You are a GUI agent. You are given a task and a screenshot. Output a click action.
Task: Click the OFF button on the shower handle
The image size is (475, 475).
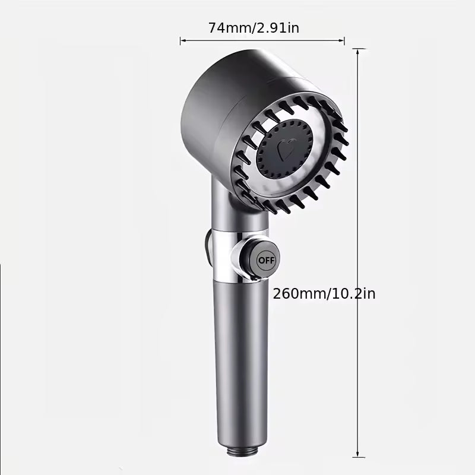pos(266,260)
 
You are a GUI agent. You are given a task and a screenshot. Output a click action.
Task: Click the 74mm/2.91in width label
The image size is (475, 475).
pos(254,28)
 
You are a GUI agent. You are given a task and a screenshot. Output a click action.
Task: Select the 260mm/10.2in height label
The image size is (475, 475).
pos(324,293)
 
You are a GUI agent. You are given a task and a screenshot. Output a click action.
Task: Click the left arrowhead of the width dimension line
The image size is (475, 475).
pos(182,40)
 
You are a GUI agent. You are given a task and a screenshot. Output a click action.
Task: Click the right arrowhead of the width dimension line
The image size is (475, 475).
pos(342,40)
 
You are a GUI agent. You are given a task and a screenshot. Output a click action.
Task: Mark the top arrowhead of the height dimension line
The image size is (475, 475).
pos(358,52)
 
